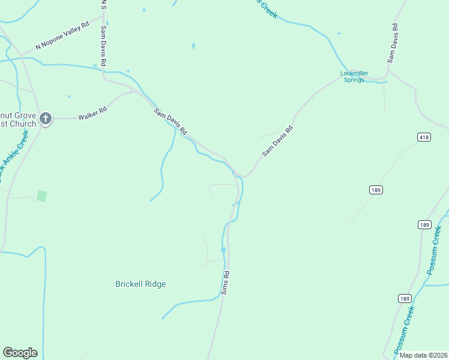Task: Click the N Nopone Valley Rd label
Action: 62,35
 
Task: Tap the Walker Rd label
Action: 92,113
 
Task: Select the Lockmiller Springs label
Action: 354,76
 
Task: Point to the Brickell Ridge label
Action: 140,284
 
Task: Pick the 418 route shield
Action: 424,137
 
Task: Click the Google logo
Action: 20,353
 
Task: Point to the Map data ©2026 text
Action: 423,355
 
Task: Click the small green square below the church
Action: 41,196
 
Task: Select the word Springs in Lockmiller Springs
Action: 354,80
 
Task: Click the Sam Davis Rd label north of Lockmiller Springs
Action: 393,43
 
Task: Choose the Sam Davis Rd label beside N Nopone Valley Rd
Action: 103,46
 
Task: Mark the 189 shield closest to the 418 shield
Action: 376,190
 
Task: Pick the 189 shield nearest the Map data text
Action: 404,298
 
